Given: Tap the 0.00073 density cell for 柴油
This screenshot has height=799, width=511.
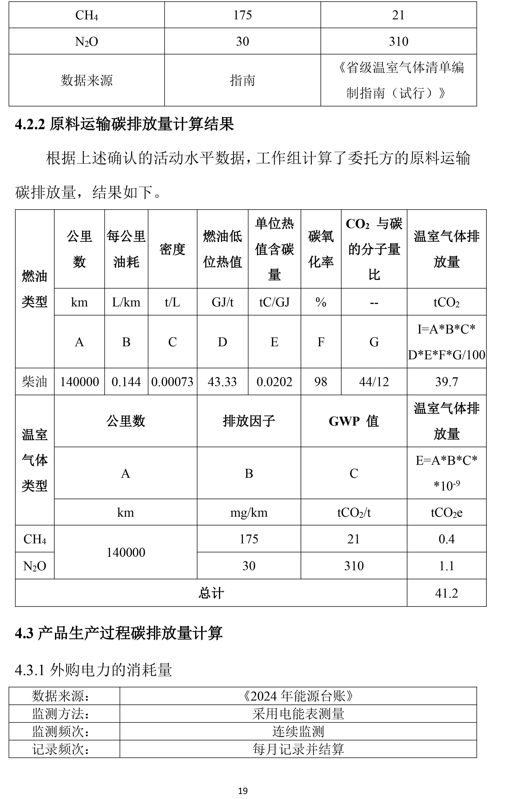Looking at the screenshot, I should [172, 382].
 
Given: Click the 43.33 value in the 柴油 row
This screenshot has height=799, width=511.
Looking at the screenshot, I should [222, 382].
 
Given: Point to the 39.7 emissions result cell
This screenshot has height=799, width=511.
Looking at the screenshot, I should [446, 382].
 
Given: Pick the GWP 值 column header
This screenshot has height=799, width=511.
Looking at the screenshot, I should [353, 421].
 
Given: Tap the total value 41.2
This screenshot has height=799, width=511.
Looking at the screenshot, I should [446, 593].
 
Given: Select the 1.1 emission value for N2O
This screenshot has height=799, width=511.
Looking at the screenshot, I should [446, 566].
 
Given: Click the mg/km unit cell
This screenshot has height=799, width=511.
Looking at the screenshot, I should [249, 513].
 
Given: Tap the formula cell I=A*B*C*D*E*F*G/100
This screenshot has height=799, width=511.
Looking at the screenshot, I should [446, 342].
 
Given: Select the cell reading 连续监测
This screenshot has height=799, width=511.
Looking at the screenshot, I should [298, 731].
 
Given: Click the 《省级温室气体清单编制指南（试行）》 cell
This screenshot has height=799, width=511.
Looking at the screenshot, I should [399, 80].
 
